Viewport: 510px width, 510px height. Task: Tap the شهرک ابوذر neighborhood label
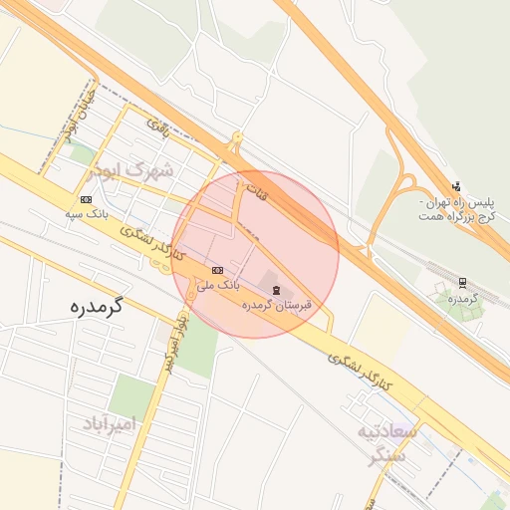130,170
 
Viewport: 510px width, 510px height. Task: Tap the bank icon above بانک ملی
218,269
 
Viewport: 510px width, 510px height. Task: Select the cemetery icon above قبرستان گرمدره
276,289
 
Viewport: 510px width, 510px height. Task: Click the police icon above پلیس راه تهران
456,185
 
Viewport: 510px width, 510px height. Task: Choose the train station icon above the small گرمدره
463,282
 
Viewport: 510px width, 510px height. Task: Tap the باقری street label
159,127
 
